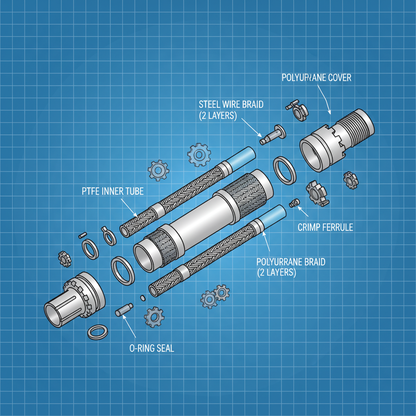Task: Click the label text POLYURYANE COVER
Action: click(316, 78)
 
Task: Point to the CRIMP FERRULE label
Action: click(325, 227)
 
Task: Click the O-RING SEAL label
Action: click(149, 348)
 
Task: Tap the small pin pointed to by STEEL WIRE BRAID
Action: click(271, 134)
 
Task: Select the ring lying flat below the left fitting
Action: click(98, 332)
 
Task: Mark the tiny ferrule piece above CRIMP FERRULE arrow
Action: click(294, 202)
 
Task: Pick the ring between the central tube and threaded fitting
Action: click(285, 169)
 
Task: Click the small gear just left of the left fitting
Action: click(64, 258)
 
